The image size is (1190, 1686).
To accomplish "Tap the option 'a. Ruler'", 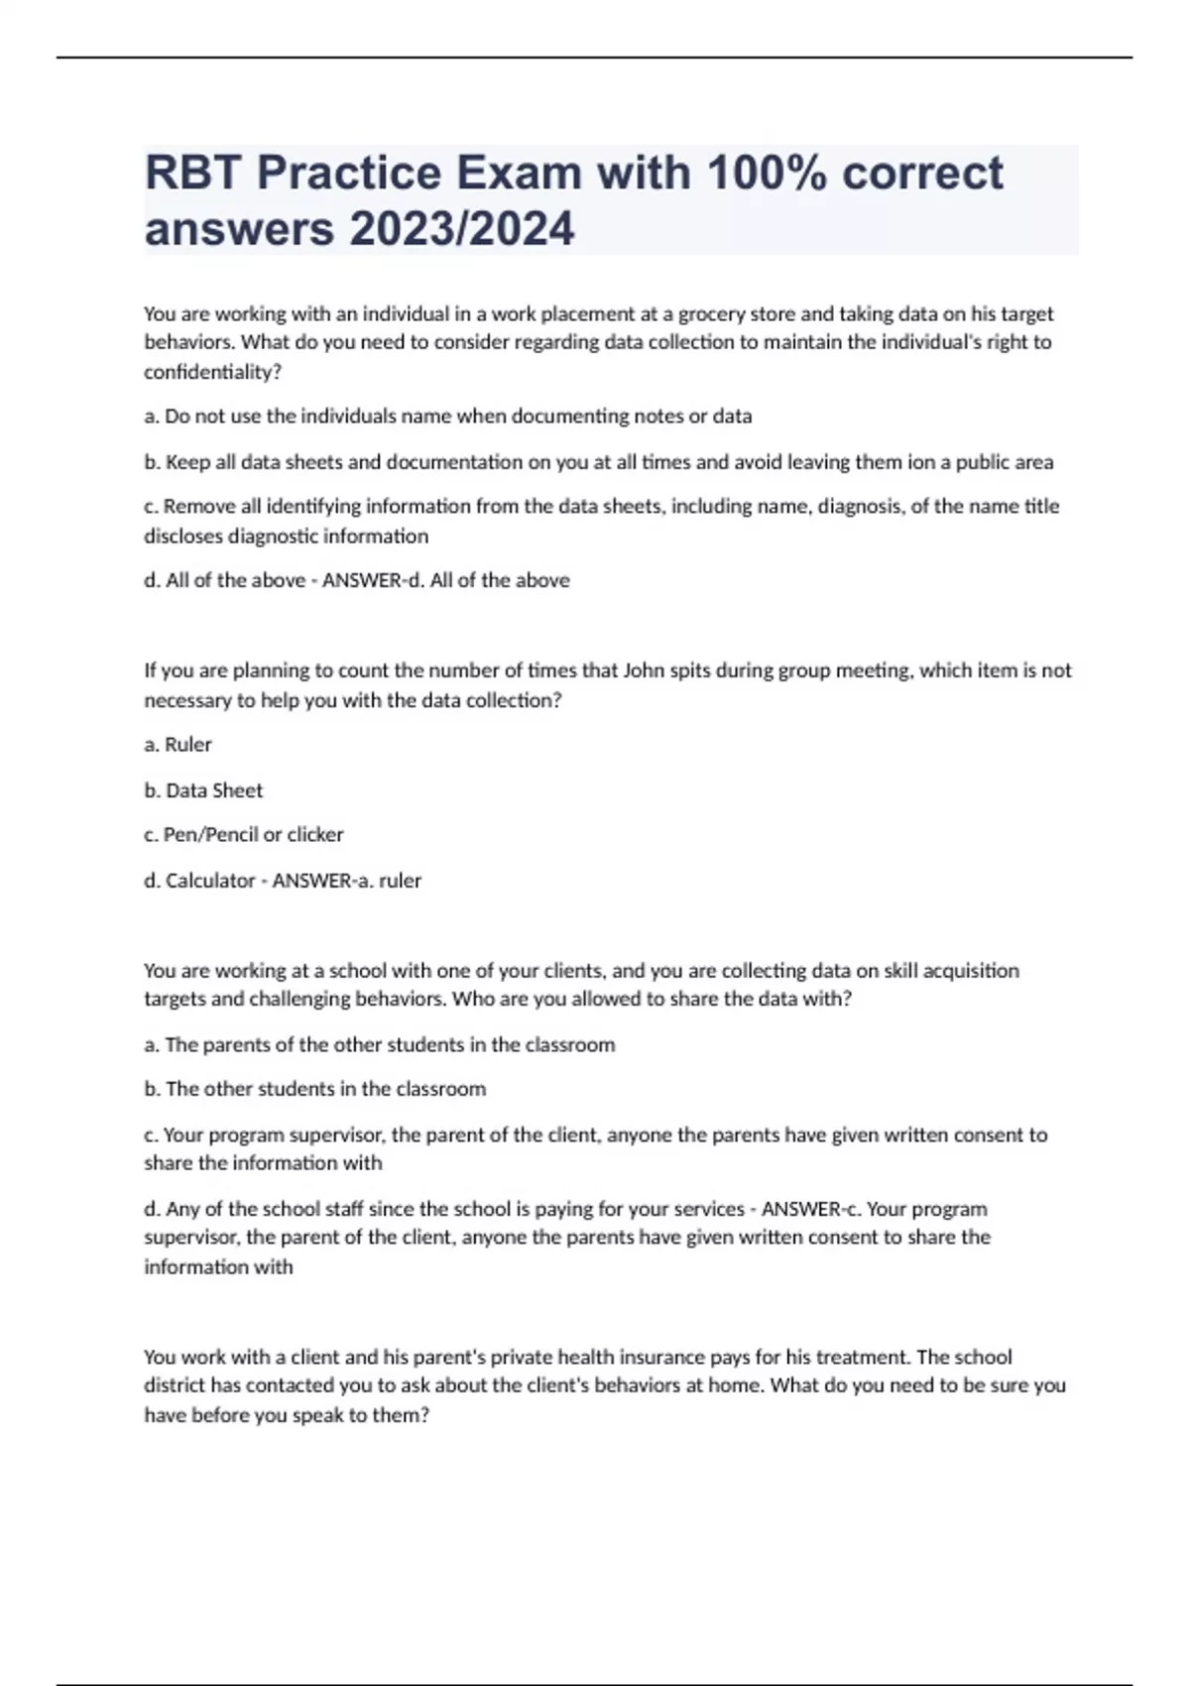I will [178, 745].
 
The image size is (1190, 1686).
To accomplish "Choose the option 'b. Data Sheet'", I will [203, 790].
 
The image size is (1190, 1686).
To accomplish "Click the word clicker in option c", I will [315, 835].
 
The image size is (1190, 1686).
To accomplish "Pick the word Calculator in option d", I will [210, 881].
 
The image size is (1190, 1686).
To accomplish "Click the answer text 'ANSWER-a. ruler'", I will [347, 881].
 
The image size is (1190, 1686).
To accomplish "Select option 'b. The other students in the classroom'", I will [315, 1089].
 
